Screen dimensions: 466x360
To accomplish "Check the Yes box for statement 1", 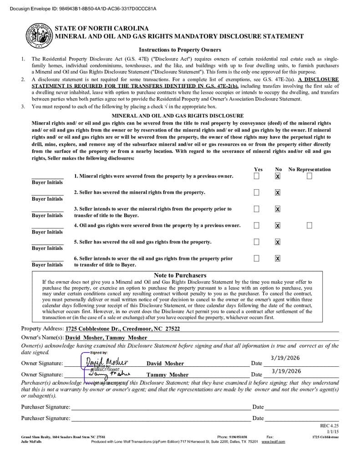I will click(257, 176).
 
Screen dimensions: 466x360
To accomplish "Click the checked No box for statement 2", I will click(278, 192).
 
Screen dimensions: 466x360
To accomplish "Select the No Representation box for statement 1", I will click(309, 176).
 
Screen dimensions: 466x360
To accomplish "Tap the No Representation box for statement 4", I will click(309, 225).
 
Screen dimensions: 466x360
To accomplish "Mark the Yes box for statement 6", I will click(257, 258).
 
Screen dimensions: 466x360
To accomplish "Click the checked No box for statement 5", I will click(278, 242).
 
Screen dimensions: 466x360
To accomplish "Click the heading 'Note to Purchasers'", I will click(180, 275).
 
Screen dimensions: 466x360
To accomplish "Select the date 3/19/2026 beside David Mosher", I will click(286, 358).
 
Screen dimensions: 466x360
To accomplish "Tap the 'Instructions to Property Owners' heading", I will click(180, 50).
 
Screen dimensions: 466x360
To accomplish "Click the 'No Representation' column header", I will click(309, 169).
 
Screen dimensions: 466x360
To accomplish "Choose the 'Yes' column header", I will click(258, 169).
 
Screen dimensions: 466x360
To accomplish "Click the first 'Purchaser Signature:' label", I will click(46, 407).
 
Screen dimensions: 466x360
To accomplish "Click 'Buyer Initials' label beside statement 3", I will click(47, 215).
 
